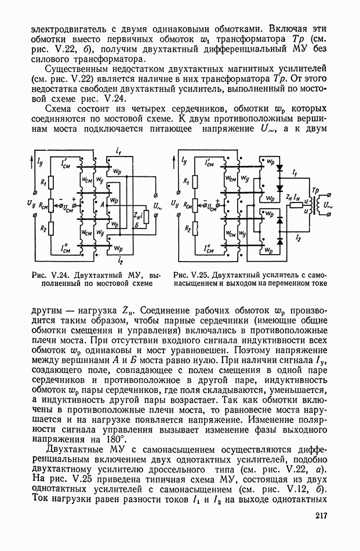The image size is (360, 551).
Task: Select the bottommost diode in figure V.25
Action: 280,239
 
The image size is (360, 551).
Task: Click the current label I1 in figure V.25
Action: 296,173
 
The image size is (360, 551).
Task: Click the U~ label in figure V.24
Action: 157,205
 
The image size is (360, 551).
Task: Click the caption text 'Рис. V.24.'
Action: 48,274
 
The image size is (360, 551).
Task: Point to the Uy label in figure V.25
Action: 175,204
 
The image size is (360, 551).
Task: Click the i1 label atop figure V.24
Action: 118,152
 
